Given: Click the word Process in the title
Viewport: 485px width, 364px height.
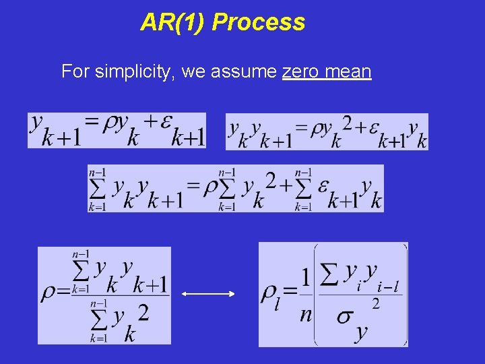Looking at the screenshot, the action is (259, 23).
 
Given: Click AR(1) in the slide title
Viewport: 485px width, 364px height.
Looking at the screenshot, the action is (174, 23).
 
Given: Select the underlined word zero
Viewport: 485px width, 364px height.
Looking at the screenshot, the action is (301, 71).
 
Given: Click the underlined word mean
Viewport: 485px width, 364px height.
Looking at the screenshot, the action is (348, 71).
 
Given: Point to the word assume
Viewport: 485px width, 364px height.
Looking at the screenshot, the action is (244, 71).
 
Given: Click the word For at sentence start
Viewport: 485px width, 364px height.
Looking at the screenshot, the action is (74, 71).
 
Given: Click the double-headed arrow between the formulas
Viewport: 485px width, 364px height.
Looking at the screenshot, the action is (208, 294).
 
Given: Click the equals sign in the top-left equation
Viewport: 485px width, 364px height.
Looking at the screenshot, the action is (92, 122).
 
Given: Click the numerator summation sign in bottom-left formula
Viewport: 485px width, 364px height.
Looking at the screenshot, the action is (81, 271).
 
